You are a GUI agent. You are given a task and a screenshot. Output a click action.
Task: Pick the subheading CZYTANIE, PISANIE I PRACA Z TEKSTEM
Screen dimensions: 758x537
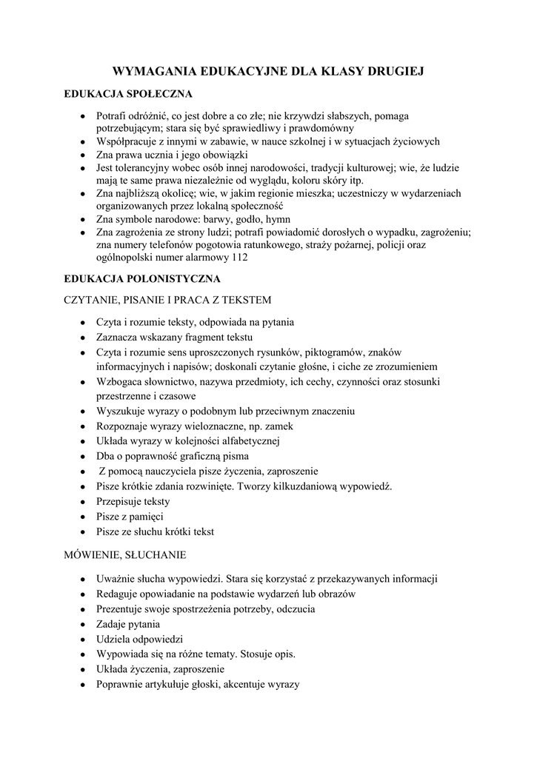tap(168, 301)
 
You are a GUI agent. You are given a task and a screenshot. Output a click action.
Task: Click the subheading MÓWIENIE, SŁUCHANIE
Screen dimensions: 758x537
tap(125, 554)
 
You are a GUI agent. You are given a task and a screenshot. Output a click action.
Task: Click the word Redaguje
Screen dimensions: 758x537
tap(119, 594)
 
